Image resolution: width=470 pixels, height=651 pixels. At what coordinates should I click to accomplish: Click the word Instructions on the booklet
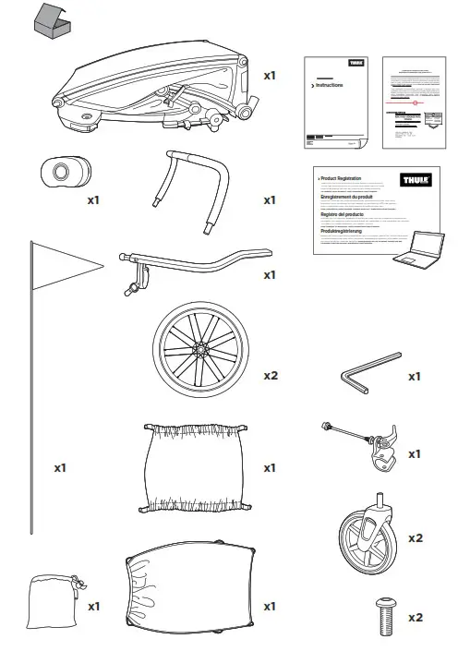pos(330,84)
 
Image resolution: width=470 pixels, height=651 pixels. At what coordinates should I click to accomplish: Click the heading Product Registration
pos(340,176)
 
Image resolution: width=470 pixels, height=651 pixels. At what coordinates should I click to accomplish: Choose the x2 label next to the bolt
pos(415,616)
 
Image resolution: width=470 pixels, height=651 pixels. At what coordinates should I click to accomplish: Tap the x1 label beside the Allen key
pos(415,377)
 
